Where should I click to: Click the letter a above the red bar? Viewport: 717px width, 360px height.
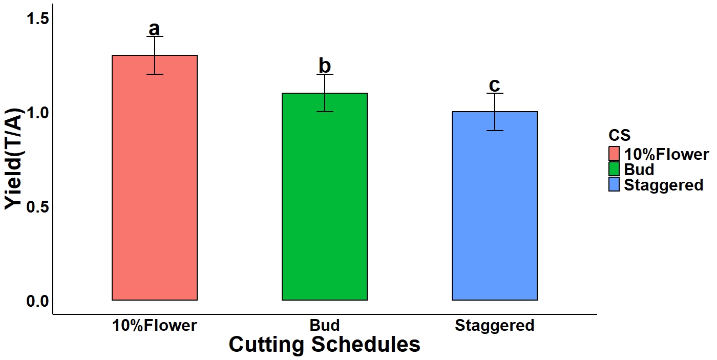tap(154, 29)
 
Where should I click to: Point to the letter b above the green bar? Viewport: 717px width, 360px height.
tap(325, 66)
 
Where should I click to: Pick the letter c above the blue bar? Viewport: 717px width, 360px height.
tap(494, 84)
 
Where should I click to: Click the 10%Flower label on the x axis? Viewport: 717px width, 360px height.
tap(154, 326)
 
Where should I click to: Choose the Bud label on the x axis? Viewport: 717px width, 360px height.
tap(325, 326)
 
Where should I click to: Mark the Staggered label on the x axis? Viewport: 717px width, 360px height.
tap(494, 326)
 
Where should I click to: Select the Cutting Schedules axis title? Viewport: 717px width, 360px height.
tap(324, 345)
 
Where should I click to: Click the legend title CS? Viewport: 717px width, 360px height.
tap(619, 135)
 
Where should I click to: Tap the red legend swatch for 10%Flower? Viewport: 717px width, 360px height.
tap(615, 154)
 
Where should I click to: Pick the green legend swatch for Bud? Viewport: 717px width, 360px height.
tap(615, 169)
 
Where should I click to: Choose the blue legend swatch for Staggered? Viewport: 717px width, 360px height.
tap(615, 184)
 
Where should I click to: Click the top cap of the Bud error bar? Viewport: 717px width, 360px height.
tap(325, 74)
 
